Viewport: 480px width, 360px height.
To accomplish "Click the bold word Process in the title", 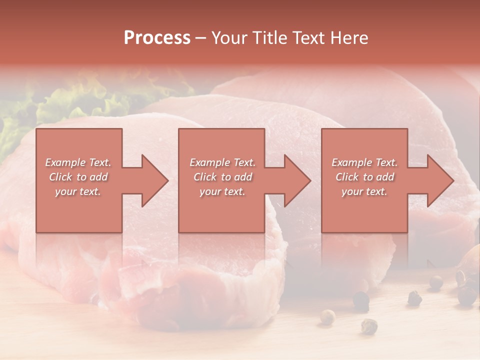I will tap(157, 38).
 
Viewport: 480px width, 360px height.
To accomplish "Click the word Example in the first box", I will tap(65, 162).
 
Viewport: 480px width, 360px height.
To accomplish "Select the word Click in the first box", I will tap(60, 177).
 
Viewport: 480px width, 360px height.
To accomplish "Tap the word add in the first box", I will tap(98, 177).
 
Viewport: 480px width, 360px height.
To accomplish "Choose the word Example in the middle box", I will tap(209, 162).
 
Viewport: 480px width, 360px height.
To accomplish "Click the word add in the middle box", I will tap(243, 177).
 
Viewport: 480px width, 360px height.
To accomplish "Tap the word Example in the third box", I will tap(351, 162).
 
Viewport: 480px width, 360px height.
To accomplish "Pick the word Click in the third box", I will tap(346, 177).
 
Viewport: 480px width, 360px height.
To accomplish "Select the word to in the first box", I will tap(81, 177).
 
